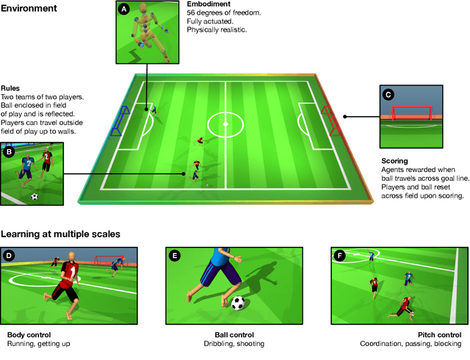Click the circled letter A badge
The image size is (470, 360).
tap(123, 10)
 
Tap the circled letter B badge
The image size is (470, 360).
tap(9, 152)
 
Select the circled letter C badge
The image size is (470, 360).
tap(388, 94)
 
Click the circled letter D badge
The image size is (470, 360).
tap(9, 256)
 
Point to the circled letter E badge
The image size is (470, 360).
tap(175, 256)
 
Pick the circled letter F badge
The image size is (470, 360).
tap(339, 256)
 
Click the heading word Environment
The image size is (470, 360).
tap(29, 10)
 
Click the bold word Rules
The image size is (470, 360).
tap(12, 88)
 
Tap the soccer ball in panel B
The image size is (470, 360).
tap(35, 196)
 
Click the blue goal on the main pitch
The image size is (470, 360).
tap(119, 120)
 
